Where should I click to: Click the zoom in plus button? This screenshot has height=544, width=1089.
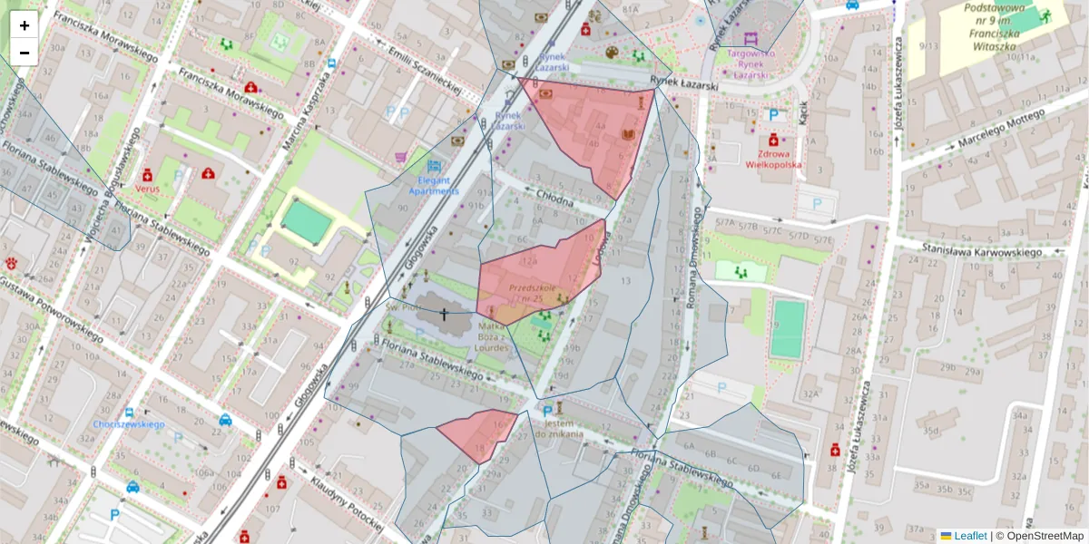point(25,25)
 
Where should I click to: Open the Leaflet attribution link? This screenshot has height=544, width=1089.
point(970,536)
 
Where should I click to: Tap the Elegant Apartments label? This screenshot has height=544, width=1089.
point(434,186)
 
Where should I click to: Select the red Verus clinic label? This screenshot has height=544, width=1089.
point(146,188)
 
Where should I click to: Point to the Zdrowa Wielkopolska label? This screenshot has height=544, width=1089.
point(773,160)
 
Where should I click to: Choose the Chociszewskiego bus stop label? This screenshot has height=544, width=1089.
point(127,424)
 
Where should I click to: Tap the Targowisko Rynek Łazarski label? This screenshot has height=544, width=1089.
point(750,63)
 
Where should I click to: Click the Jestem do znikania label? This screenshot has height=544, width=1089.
point(559,428)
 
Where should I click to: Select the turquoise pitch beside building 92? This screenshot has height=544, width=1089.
point(306,221)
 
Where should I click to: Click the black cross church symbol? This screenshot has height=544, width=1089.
point(444,315)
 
